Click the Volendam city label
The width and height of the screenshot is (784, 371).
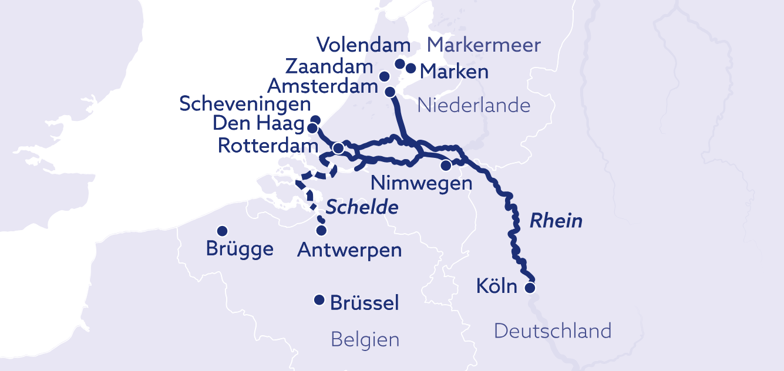pyautogui.click(x=363, y=45)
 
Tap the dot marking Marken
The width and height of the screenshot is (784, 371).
pyautogui.click(x=411, y=69)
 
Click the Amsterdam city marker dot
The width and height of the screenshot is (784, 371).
pyautogui.click(x=389, y=92)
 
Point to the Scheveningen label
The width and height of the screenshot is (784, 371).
pyautogui.click(x=245, y=104)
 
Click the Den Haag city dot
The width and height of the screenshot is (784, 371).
pyautogui.click(x=312, y=128)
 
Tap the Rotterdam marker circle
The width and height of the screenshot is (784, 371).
pyautogui.click(x=338, y=149)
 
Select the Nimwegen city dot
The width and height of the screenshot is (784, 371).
pyautogui.click(x=446, y=165)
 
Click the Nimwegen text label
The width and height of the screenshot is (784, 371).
pyautogui.click(x=421, y=183)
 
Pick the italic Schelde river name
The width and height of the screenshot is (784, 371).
pyautogui.click(x=362, y=207)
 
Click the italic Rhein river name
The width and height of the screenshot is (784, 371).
pyautogui.click(x=556, y=221)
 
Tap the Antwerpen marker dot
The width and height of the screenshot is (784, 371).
pyautogui.click(x=321, y=231)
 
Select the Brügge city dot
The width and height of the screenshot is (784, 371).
pyautogui.click(x=223, y=231)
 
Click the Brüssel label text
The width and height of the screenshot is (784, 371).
pyautogui.click(x=365, y=303)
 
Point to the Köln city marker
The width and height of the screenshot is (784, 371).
pyautogui.click(x=530, y=288)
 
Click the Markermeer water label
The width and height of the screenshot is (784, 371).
pyautogui.click(x=484, y=45)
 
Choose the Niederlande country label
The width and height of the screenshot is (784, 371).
pyautogui.click(x=473, y=106)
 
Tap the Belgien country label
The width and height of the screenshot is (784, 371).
pyautogui.click(x=365, y=339)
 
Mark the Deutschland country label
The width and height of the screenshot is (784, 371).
pyautogui.click(x=552, y=331)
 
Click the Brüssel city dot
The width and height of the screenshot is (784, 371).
pyautogui.click(x=319, y=301)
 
